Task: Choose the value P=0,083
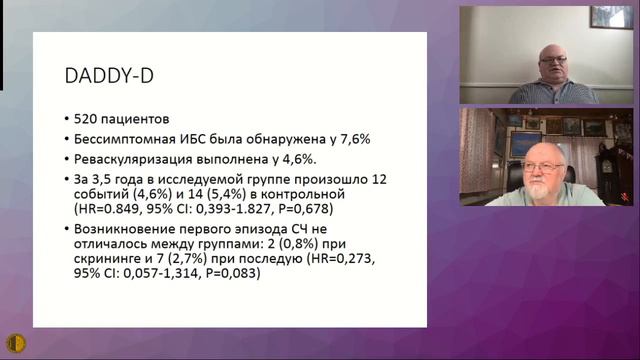(x=227, y=285)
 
